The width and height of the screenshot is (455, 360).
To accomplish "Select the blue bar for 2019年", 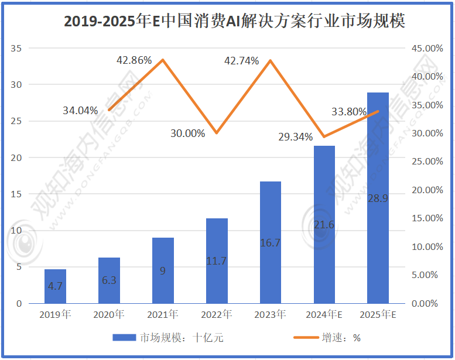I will point(56,286).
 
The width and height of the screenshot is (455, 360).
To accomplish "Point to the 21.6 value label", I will point(324,225).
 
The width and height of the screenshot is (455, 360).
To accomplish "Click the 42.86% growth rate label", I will point(134,60).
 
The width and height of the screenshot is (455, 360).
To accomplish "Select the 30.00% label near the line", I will point(187,133).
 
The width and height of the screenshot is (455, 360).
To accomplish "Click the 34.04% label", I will point(80,110).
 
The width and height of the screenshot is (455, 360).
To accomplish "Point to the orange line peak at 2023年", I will point(270,60).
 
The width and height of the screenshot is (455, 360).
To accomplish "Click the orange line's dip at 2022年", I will point(217,133).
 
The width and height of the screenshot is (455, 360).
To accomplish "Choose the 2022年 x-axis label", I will point(217,315).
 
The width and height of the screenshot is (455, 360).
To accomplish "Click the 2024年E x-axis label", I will point(324,315).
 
